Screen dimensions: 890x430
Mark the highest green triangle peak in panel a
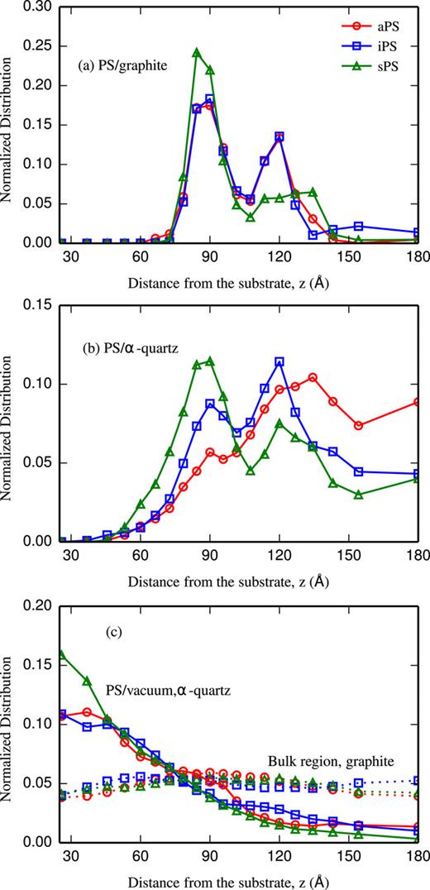(197, 52)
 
